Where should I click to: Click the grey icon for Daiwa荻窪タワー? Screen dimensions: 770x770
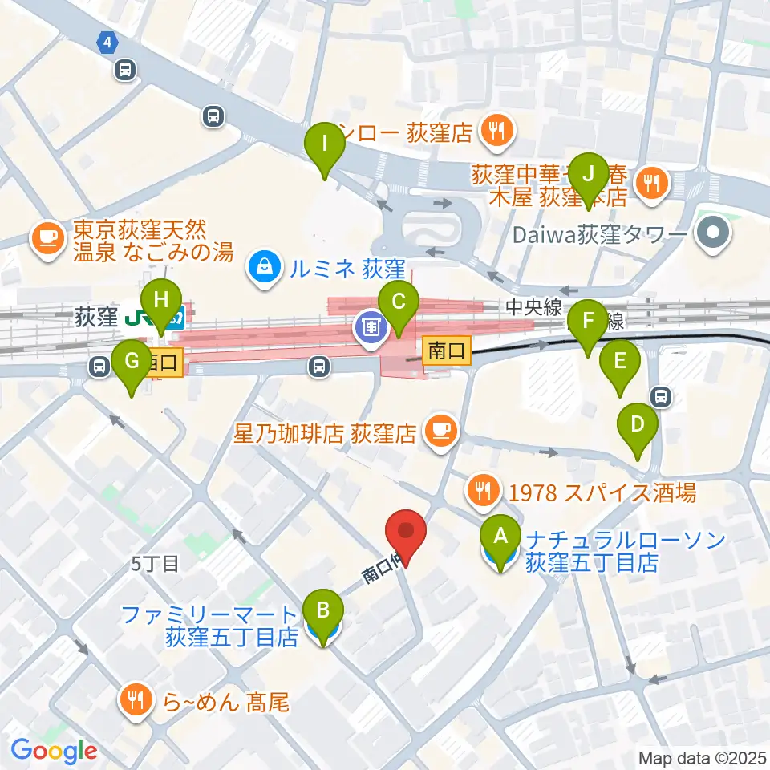coord(711,235)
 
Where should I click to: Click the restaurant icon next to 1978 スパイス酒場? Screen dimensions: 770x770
coord(484,492)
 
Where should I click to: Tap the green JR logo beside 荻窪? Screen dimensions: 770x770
coord(169,318)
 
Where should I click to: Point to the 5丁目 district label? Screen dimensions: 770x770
coord(155,564)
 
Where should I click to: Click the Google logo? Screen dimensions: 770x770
coord(55,752)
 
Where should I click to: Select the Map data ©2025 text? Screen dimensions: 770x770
coord(702,757)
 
